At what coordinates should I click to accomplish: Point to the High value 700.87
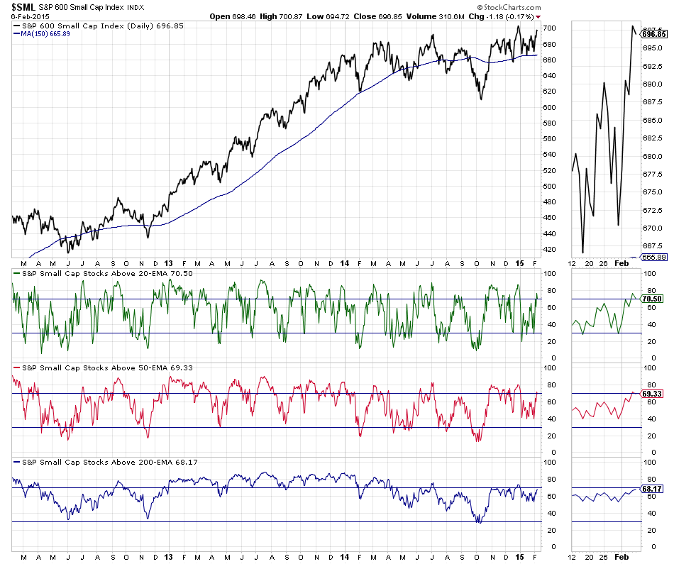[324, 16]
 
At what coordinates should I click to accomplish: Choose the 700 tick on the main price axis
[549, 28]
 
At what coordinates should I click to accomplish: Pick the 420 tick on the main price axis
[549, 250]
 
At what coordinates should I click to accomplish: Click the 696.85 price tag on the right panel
[652, 33]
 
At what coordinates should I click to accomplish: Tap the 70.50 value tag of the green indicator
[652, 299]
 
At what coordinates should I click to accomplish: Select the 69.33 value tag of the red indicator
[652, 393]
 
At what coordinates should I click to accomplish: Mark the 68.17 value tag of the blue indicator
[652, 488]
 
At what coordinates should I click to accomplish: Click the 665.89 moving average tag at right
[653, 256]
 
